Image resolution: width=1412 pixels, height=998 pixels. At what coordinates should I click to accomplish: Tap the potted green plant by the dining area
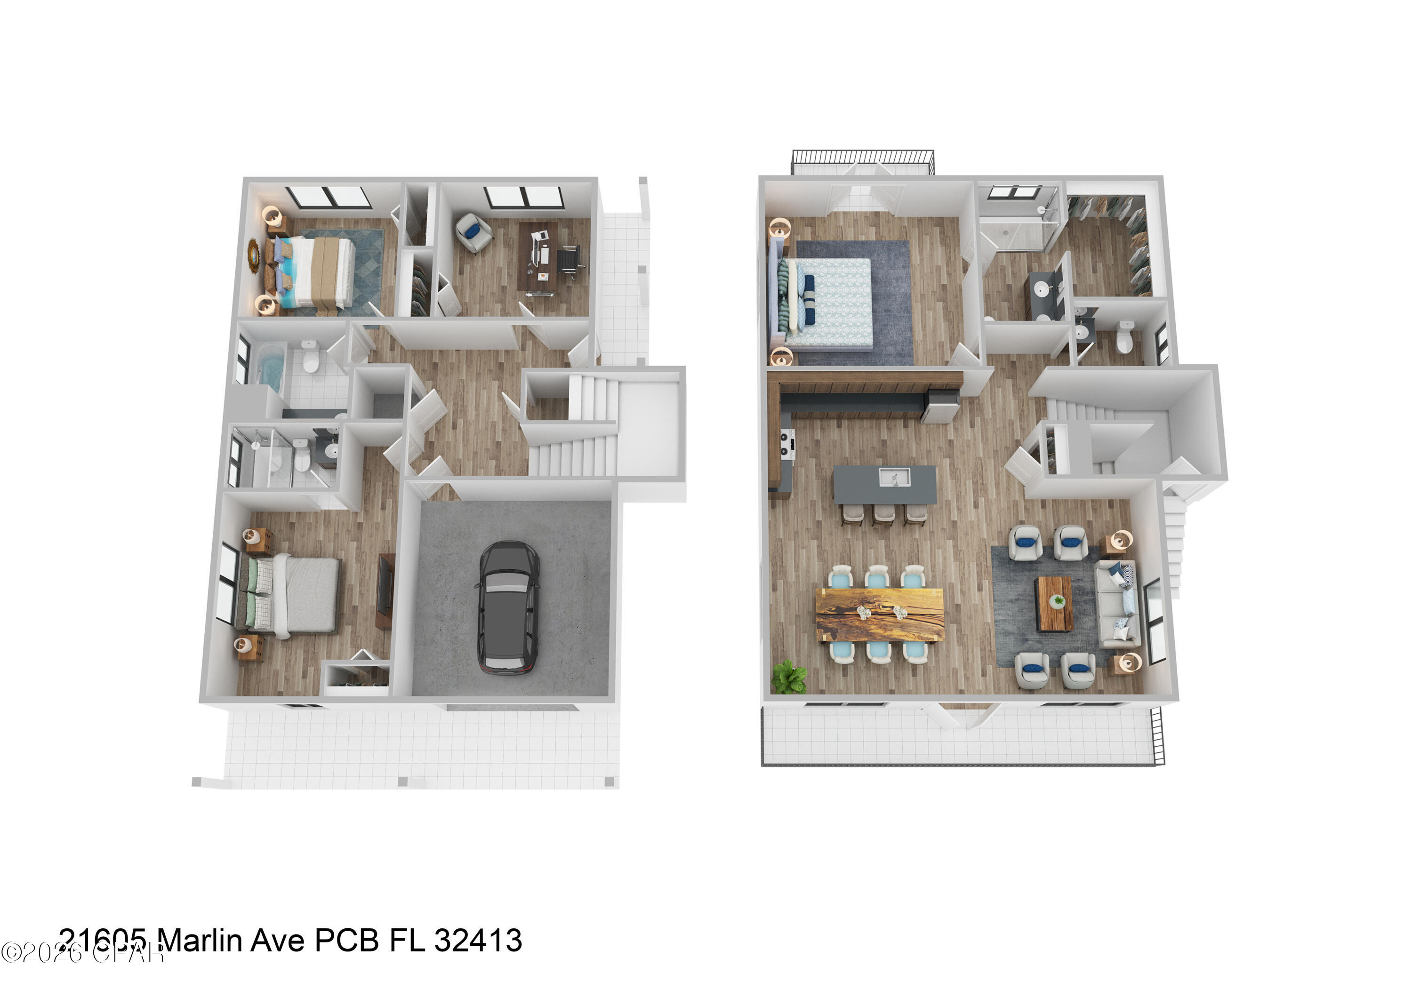pos(789,678)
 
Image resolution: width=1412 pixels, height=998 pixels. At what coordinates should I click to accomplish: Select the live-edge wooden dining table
pos(879,614)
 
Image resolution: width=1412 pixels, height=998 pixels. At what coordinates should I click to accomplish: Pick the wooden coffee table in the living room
pos(1055,603)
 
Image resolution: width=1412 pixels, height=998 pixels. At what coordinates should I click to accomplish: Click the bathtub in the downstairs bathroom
pos(269,367)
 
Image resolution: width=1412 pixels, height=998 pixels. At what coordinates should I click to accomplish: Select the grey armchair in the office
pos(473,232)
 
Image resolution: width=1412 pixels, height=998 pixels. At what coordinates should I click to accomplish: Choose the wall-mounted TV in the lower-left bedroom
pos(385,591)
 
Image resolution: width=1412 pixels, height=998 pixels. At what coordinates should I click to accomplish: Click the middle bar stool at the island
pos(884,513)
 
